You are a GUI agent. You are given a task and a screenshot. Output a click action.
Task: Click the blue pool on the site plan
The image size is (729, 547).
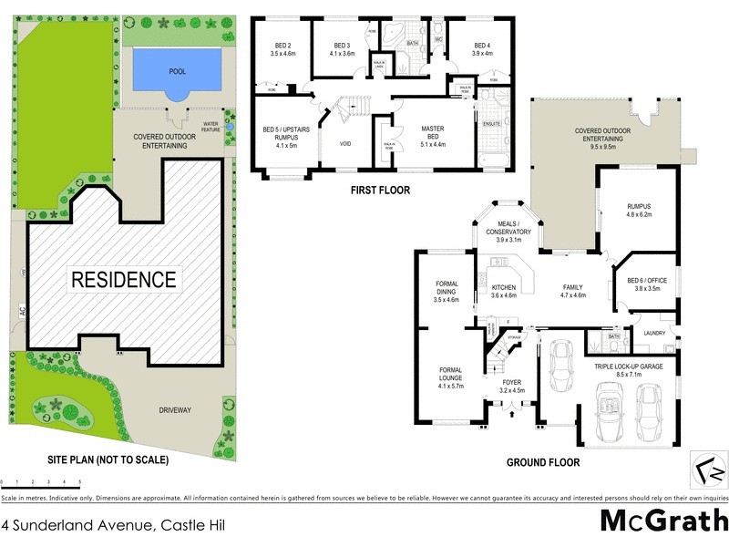coord(178,70)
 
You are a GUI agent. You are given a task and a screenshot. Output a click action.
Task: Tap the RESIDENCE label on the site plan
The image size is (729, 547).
coord(124,279)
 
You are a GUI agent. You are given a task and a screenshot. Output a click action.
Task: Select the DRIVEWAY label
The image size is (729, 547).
coord(173,410)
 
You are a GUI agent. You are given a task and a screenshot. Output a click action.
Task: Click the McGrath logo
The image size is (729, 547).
coord(664,521)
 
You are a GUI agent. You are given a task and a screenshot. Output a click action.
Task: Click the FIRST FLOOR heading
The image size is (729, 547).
coord(380,191)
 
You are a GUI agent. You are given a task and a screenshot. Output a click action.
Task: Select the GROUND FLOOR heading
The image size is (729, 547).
coord(543,462)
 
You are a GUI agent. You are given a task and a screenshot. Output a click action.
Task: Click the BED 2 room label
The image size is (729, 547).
coord(284,50)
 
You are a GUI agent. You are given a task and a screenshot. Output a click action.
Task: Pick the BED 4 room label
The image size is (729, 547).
coord(481,49)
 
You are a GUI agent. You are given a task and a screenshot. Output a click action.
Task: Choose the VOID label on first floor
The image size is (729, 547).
coord(345,143)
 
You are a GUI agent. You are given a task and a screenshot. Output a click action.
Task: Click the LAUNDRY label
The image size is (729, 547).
coord(654,333)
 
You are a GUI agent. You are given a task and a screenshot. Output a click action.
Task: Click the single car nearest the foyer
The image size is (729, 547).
coord(557,356)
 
